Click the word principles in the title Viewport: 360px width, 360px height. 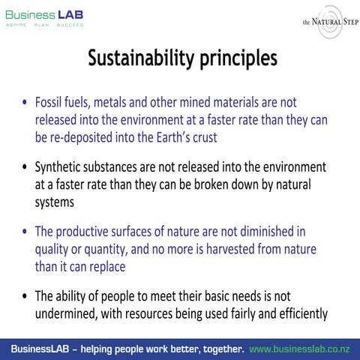(235, 59)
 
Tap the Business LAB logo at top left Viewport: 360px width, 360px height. (45, 18)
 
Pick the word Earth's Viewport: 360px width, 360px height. (189, 138)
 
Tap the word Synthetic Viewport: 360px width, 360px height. (61, 166)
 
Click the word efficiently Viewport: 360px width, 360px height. (298, 313)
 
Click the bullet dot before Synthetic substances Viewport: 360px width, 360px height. (26, 167)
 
